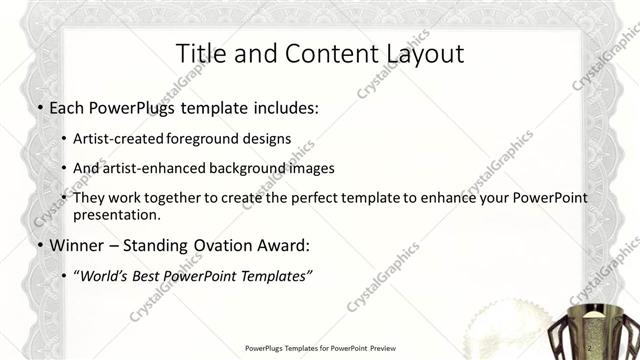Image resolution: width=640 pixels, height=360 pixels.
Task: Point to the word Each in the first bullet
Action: [68, 108]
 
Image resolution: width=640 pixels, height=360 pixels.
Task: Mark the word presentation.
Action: [118, 214]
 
